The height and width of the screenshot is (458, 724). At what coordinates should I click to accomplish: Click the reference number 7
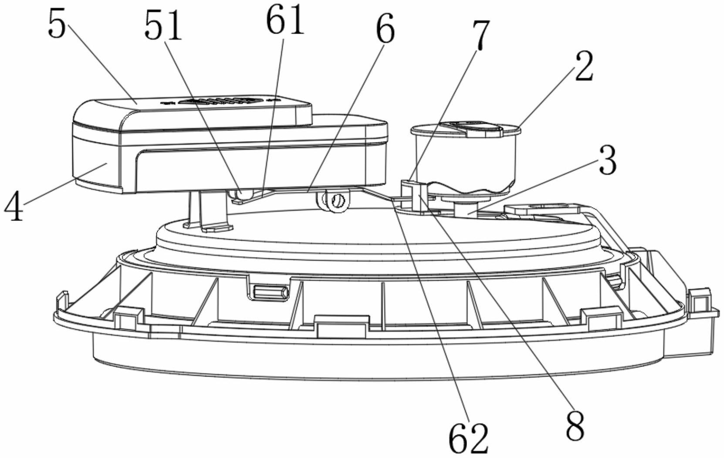[481, 35]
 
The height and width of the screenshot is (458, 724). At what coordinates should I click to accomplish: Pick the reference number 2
[584, 67]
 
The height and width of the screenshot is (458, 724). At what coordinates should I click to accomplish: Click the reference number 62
[468, 438]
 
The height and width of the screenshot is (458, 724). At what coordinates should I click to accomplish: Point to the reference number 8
[575, 425]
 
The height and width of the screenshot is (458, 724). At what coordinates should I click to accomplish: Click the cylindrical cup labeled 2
[465, 158]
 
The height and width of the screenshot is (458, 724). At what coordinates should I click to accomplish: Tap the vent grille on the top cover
[220, 101]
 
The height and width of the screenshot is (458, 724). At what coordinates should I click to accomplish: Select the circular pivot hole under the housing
[338, 201]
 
